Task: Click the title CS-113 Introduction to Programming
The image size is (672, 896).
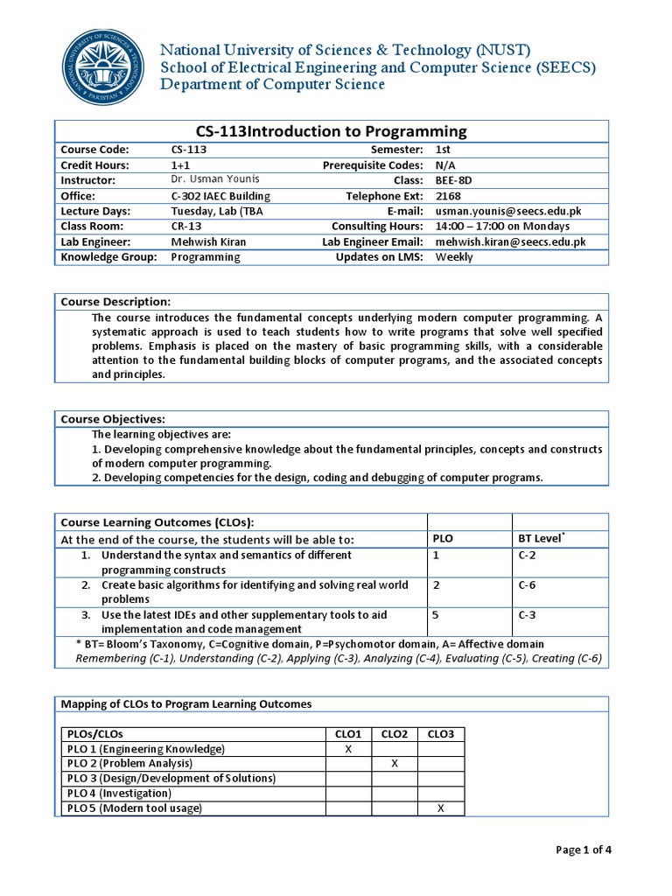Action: click(331, 131)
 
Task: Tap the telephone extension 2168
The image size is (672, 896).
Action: click(447, 195)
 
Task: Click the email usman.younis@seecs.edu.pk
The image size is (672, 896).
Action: click(508, 211)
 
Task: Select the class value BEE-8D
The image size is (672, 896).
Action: click(453, 180)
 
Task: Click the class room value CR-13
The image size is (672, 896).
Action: click(186, 227)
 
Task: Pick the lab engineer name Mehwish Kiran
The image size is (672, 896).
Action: click(208, 241)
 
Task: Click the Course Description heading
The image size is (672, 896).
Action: click(115, 302)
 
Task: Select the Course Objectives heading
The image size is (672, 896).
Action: click(113, 419)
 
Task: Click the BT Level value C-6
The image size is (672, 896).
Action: click(527, 585)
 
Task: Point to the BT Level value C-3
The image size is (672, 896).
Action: click(527, 615)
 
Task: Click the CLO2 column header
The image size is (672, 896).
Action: click(394, 733)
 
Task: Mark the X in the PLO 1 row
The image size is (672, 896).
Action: click(348, 749)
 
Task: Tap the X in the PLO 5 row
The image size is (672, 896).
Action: click(440, 808)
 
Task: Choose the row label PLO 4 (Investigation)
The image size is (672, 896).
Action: click(119, 794)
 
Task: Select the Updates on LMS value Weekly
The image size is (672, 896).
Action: click(453, 257)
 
